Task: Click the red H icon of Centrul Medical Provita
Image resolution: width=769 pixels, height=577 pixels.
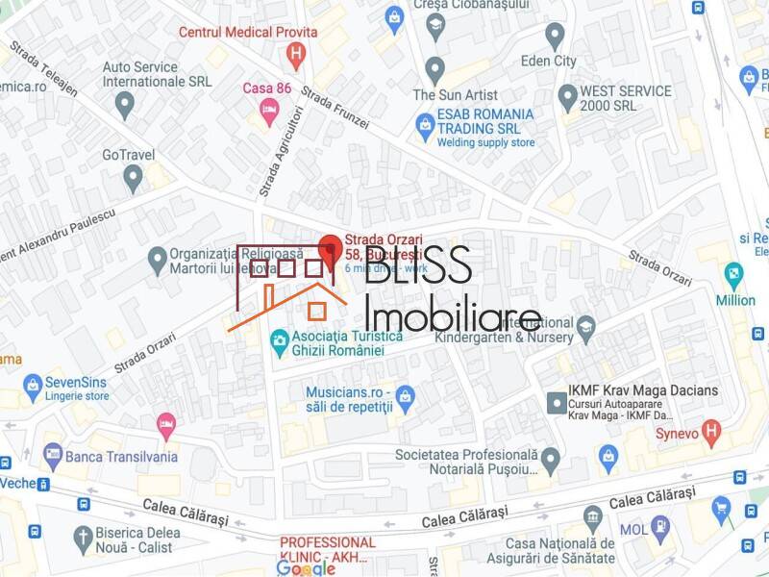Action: [298, 54]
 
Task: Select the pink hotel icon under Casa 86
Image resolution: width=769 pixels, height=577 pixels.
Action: [269, 114]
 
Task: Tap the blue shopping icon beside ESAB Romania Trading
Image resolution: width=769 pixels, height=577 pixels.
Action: [425, 124]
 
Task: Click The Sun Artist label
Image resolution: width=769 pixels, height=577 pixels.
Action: [456, 94]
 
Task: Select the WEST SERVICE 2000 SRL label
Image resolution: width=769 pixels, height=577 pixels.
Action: [625, 99]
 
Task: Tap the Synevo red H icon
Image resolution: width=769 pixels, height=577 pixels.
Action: [711, 430]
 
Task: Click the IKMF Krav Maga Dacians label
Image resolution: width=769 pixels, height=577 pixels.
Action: [645, 390]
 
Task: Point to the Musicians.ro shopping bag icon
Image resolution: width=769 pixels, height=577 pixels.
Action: [406, 394]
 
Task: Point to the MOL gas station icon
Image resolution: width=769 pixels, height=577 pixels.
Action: [659, 527]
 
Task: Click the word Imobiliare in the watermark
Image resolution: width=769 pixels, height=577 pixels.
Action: [453, 314]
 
